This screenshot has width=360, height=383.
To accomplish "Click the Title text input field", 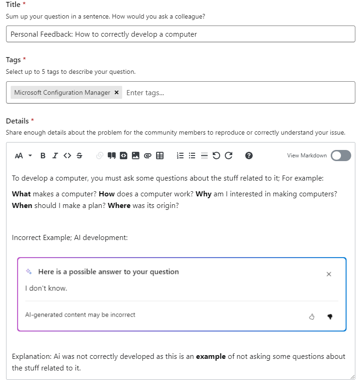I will (180, 34).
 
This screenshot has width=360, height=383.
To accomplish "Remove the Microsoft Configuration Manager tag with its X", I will (117, 92).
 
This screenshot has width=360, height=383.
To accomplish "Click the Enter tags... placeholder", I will (145, 92).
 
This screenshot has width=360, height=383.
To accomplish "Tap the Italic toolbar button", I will (55, 156).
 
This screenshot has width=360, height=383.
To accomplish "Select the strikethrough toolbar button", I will (79, 156).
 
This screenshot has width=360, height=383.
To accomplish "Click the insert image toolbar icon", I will (136, 156).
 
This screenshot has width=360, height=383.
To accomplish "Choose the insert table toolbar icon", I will (160, 156).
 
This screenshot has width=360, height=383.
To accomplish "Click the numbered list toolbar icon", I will (180, 156).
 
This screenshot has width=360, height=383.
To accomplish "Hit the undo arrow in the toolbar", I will (216, 156).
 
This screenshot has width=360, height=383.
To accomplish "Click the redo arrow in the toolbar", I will (229, 156).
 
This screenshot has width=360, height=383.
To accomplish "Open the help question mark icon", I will (249, 156).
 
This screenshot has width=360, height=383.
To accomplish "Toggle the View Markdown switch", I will (340, 156).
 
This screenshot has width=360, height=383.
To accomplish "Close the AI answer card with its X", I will (329, 274).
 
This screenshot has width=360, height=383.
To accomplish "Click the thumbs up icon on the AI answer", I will (312, 317).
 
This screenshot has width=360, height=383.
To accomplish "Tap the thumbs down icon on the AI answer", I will (330, 317).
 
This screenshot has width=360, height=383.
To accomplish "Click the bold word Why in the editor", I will (203, 194).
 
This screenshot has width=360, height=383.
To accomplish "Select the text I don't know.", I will (46, 288).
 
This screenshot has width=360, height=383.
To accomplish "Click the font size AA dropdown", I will (23, 156).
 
